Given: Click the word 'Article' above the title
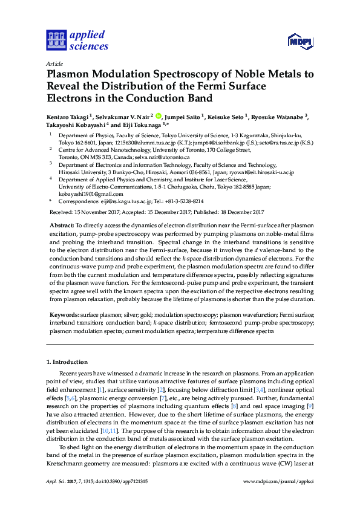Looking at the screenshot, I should pos(55,63).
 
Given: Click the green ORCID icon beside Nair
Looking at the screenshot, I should pos(159,116).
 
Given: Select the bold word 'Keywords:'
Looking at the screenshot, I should pos(64,315).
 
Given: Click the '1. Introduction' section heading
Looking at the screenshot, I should pos(67,361).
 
